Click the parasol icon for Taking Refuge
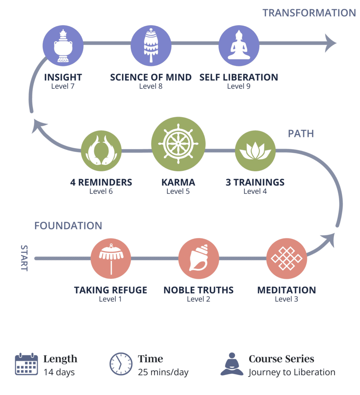[x=111, y=258]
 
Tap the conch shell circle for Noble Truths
[x=199, y=258]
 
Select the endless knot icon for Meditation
[x=286, y=258]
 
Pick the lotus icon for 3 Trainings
[x=255, y=151]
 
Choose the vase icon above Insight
[x=63, y=46]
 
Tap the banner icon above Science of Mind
[x=151, y=46]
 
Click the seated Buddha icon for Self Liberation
[x=239, y=46]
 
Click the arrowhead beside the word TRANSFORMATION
[x=330, y=43]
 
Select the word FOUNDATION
[x=68, y=226]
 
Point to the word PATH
[x=301, y=134]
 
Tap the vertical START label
[x=24, y=258]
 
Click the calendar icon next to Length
[x=26, y=364]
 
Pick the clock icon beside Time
[x=121, y=364]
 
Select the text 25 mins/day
[x=163, y=373]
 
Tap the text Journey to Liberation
[x=292, y=373]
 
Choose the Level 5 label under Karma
[x=178, y=191]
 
